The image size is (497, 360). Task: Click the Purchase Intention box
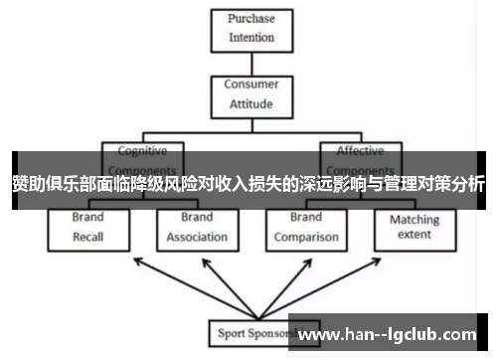click(251, 29)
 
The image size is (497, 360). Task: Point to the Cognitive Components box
click(142, 159)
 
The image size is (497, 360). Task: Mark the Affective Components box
click(359, 159)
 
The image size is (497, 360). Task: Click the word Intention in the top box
click(251, 38)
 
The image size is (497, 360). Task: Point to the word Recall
click(87, 237)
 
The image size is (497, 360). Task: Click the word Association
click(196, 237)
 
